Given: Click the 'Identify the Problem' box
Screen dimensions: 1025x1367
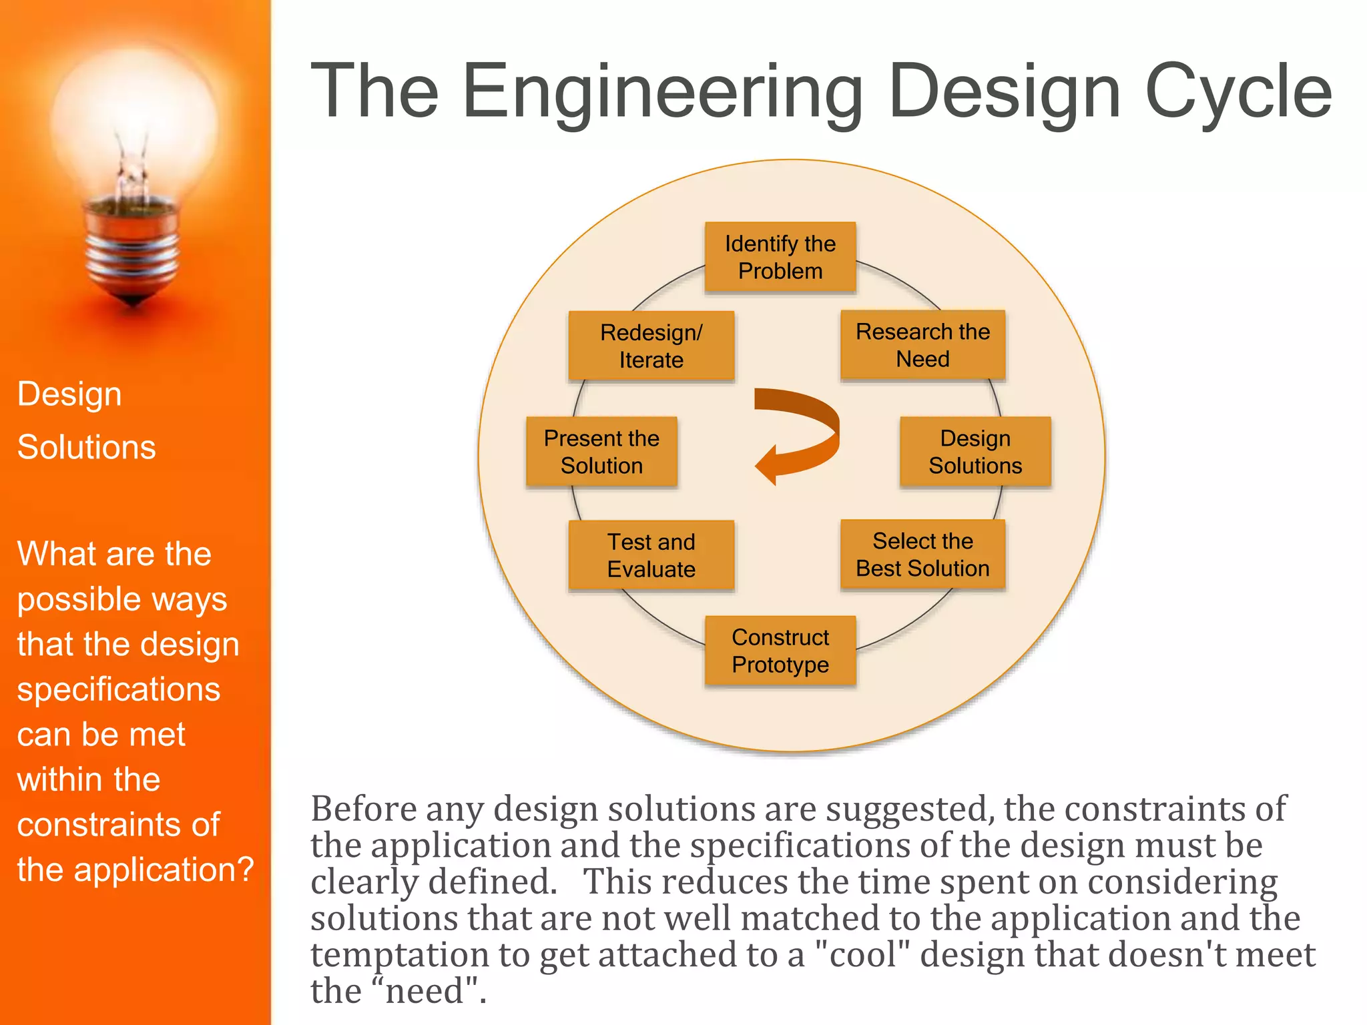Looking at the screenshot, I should pyautogui.click(x=780, y=258).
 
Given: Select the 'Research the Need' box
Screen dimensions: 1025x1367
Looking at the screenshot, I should pyautogui.click(x=922, y=345).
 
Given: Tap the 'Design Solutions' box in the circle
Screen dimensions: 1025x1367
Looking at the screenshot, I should pyautogui.click(x=975, y=452).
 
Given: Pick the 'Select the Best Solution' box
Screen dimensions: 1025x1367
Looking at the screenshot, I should pyautogui.click(x=922, y=555).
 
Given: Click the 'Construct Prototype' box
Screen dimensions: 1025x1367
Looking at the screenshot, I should pyautogui.click(x=780, y=651).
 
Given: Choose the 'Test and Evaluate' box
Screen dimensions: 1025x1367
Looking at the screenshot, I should pyautogui.click(x=651, y=555).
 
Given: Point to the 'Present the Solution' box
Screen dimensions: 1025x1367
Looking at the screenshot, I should pyautogui.click(x=601, y=452).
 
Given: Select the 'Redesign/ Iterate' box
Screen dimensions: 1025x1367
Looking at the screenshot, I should pyautogui.click(x=651, y=346).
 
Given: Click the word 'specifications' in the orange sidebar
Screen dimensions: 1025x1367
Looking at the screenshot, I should pyautogui.click(x=118, y=689).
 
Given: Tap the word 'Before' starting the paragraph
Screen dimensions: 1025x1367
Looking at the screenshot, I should pyautogui.click(x=364, y=809).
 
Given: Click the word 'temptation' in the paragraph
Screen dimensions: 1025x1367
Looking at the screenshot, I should pyautogui.click(x=399, y=954).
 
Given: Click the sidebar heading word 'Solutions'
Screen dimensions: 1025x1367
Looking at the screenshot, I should pyautogui.click(x=86, y=447).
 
